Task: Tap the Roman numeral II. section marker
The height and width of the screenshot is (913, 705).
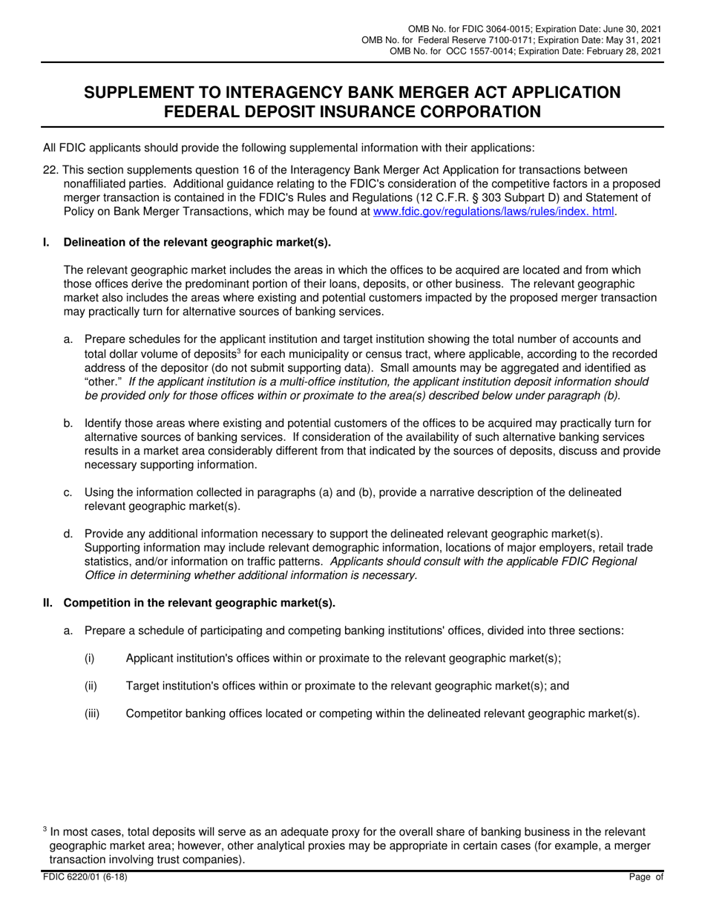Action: [x=47, y=603]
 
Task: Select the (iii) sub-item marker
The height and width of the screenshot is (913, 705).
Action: [x=92, y=713]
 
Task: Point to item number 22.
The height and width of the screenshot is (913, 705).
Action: [x=50, y=170]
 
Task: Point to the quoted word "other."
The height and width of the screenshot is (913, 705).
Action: [x=103, y=382]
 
